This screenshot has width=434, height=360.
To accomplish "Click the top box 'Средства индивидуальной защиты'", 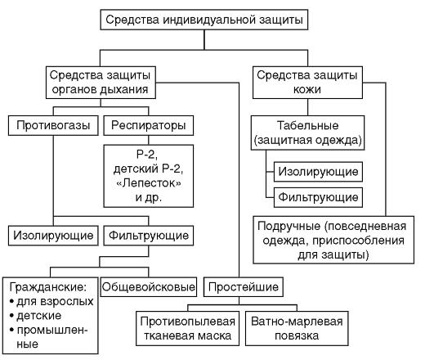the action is (x=204, y=20).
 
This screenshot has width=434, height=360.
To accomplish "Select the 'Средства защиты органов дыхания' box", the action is (x=101, y=83).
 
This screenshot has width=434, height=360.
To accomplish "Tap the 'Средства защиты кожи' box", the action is (x=307, y=83).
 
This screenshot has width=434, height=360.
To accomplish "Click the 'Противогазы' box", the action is (x=53, y=125).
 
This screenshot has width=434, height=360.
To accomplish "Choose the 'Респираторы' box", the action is (x=149, y=125).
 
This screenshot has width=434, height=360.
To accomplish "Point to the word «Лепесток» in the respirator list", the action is (x=149, y=183).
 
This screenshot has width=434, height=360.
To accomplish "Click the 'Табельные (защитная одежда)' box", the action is (x=308, y=133).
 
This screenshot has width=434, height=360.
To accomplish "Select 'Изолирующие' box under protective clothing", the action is (x=318, y=172).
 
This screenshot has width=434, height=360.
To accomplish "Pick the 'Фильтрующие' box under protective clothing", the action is (x=318, y=197).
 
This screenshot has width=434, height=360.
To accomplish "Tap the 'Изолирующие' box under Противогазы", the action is (x=53, y=236).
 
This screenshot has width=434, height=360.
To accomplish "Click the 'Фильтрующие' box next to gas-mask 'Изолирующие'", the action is (x=149, y=236).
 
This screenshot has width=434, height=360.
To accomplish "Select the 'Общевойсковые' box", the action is (x=149, y=287).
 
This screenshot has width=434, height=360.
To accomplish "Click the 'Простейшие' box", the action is (x=244, y=287).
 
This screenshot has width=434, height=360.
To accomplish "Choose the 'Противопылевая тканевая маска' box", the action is (x=187, y=328).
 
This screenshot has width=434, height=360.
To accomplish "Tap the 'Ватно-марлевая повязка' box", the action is (x=297, y=328).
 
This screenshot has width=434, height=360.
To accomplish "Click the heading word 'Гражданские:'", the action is (x=48, y=287).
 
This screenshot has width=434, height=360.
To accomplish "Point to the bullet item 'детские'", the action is (x=38, y=316).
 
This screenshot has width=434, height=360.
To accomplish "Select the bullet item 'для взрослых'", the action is (x=55, y=302).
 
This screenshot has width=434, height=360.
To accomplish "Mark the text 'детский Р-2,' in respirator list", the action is (x=149, y=169).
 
